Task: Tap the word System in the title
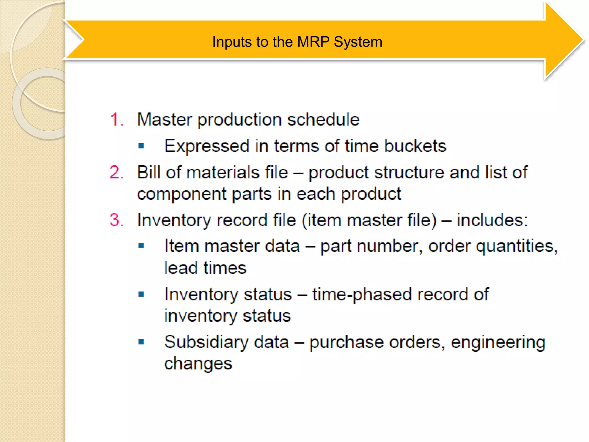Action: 358,42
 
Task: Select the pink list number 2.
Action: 116,173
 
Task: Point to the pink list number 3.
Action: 116,220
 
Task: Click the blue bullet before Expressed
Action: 141,146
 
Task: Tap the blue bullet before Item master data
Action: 141,246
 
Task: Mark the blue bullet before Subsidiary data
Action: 141,342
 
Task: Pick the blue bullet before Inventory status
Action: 141,294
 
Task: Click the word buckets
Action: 415,146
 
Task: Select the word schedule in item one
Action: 323,119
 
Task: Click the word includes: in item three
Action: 492,220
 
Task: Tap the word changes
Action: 198,363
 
